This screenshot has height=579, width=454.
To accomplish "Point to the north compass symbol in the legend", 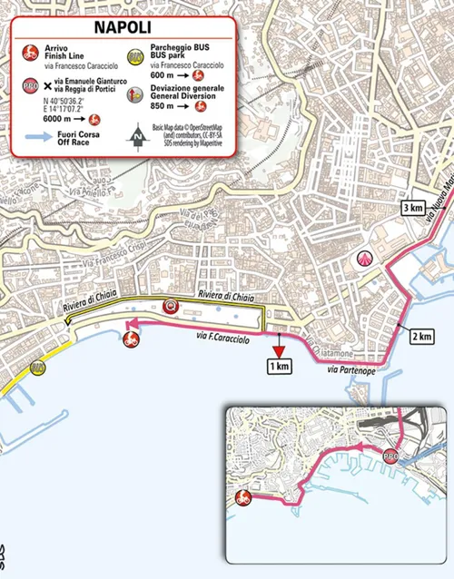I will tap(137, 137).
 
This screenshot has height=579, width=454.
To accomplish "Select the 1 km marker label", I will tap(279, 366).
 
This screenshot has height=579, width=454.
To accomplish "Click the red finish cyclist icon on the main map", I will tap(130, 340).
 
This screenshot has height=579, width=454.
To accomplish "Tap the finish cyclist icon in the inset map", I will tap(242, 496).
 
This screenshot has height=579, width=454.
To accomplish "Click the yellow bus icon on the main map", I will tap(37, 368).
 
